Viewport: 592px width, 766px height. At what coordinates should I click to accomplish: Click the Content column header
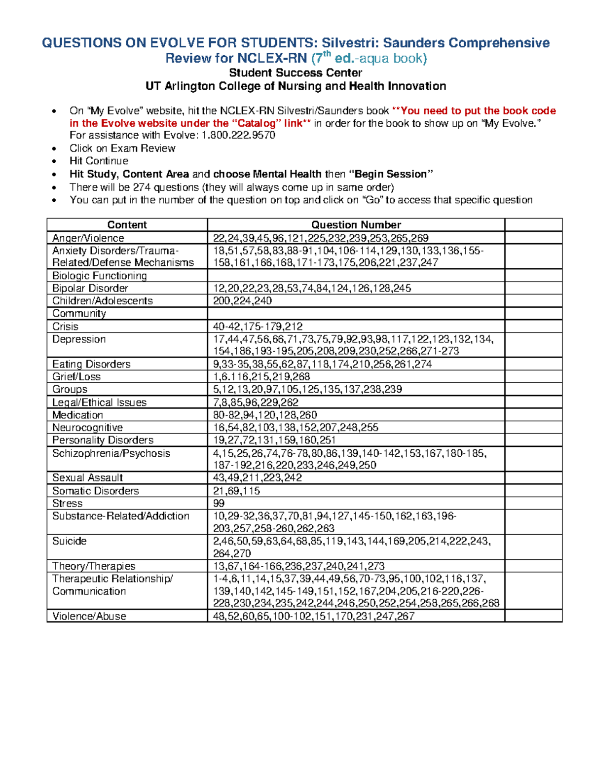click(127, 225)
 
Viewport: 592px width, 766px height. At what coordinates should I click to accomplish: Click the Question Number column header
click(356, 225)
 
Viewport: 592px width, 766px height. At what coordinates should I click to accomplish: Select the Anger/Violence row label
click(88, 238)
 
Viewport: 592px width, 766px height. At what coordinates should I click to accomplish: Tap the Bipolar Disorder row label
click(90, 288)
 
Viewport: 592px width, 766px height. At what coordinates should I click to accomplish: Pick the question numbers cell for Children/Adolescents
click(242, 301)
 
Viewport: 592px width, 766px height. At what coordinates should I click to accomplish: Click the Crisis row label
click(66, 327)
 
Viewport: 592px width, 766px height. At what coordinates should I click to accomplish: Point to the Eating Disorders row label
click(91, 364)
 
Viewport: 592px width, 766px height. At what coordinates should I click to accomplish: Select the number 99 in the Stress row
click(219, 503)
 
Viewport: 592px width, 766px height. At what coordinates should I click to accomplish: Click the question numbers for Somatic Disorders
click(236, 491)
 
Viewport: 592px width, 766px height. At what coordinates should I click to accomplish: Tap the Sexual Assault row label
click(87, 477)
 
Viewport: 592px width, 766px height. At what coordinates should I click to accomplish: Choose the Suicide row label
click(70, 541)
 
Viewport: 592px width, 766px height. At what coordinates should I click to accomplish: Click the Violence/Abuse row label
click(89, 616)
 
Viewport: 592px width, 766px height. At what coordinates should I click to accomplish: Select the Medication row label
click(77, 415)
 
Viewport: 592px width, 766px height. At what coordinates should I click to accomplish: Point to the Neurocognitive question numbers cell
click(296, 428)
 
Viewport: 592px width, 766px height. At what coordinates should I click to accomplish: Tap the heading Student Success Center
click(296, 73)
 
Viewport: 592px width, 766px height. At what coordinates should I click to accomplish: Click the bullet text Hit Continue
click(99, 161)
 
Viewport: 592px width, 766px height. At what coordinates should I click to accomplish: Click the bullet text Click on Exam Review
click(122, 148)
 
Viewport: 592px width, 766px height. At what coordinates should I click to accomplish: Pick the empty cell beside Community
click(356, 314)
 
